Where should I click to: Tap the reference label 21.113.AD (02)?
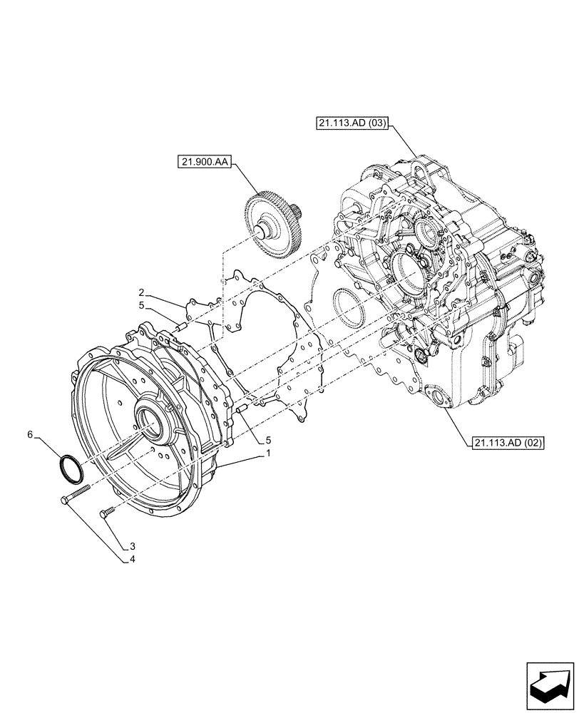507,443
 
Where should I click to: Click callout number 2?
142,293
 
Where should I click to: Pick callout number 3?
131,548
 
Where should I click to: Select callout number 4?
131,560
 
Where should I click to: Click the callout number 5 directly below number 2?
142,305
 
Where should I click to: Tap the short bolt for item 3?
109,511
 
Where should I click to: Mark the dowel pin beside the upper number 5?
179,327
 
